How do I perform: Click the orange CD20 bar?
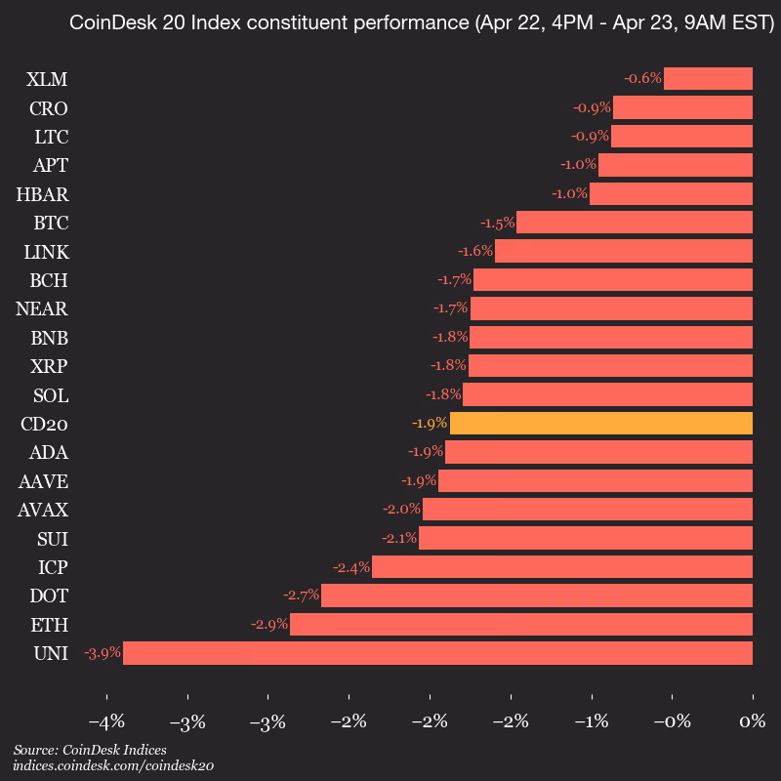coord(600,424)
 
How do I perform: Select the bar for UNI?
coord(437,653)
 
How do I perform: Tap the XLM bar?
coord(708,78)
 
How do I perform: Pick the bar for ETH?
coord(520,624)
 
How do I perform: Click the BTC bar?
coord(634,222)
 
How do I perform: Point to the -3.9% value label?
coord(102,653)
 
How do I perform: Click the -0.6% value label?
coord(643,78)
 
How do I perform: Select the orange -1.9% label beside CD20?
coord(430,424)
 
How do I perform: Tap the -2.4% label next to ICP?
coord(350,567)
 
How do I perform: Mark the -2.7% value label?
coord(301,596)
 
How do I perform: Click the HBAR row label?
coord(42,193)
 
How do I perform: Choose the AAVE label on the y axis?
coord(43,481)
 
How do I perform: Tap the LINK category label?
coord(46,252)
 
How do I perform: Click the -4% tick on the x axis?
coord(105,722)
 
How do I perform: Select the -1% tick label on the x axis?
coord(591,722)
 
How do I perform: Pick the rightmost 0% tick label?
coord(752,722)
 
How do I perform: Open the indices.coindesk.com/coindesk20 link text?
coord(113,766)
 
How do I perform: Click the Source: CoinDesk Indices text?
coord(90,750)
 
